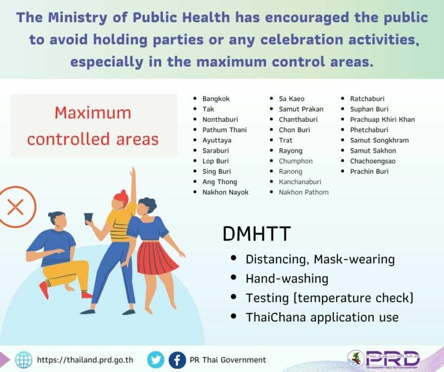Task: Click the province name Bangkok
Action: pyautogui.click(x=216, y=99)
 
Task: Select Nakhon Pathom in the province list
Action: pyautogui.click(x=304, y=192)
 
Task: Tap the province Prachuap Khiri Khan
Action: pyautogui.click(x=382, y=120)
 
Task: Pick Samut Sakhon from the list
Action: pyautogui.click(x=373, y=151)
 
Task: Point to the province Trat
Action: pyautogui.click(x=285, y=140)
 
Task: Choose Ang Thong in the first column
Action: pyautogui.click(x=219, y=182)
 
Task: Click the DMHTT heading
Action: pyautogui.click(x=257, y=234)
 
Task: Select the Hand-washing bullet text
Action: pyautogui.click(x=287, y=278)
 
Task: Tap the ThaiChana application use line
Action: pyautogui.click(x=322, y=317)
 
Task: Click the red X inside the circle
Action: pyautogui.click(x=15, y=207)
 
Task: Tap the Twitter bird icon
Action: pyautogui.click(x=156, y=360)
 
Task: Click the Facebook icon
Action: pyautogui.click(x=177, y=360)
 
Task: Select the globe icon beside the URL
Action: pyautogui.click(x=24, y=360)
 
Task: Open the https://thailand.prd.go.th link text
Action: pyautogui.click(x=85, y=360)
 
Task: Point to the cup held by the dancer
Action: pyautogui.click(x=88, y=219)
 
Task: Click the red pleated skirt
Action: pyautogui.click(x=157, y=258)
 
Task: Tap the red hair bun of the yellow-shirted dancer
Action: pyautogui.click(x=122, y=195)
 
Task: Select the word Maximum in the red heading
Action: pyautogui.click(x=93, y=113)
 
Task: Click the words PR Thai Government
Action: pyautogui.click(x=227, y=360)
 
